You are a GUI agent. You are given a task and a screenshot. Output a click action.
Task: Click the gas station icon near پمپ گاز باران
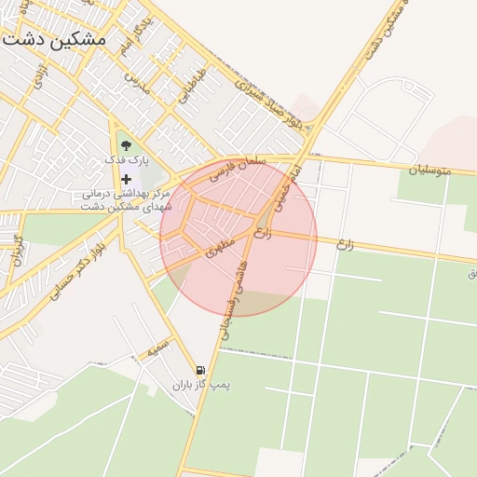[x=200, y=370]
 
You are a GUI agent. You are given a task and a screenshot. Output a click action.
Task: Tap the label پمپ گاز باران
[x=200, y=384]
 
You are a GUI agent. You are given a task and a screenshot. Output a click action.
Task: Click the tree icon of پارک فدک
[x=126, y=145]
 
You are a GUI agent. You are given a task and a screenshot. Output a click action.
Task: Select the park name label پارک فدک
[x=126, y=161]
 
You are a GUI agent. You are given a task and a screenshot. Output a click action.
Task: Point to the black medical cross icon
[x=126, y=179]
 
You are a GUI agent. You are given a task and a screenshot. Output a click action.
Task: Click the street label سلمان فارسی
[x=238, y=168]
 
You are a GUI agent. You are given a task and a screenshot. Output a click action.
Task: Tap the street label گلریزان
[x=16, y=252]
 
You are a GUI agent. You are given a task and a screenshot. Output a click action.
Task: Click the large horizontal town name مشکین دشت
[x=54, y=41]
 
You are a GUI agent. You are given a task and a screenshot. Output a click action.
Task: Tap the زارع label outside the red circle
[x=345, y=244]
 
